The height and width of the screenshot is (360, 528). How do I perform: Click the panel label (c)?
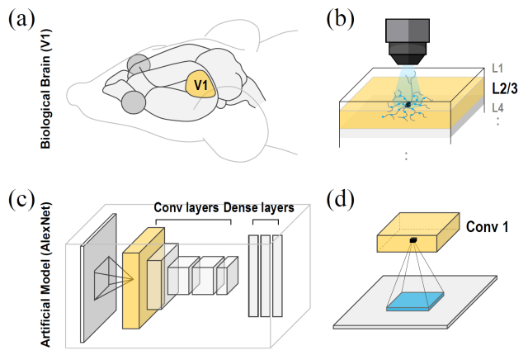(x=21, y=201)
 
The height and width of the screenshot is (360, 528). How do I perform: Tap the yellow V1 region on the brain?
(x=199, y=84)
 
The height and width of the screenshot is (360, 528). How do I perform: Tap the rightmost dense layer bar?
(x=277, y=275)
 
